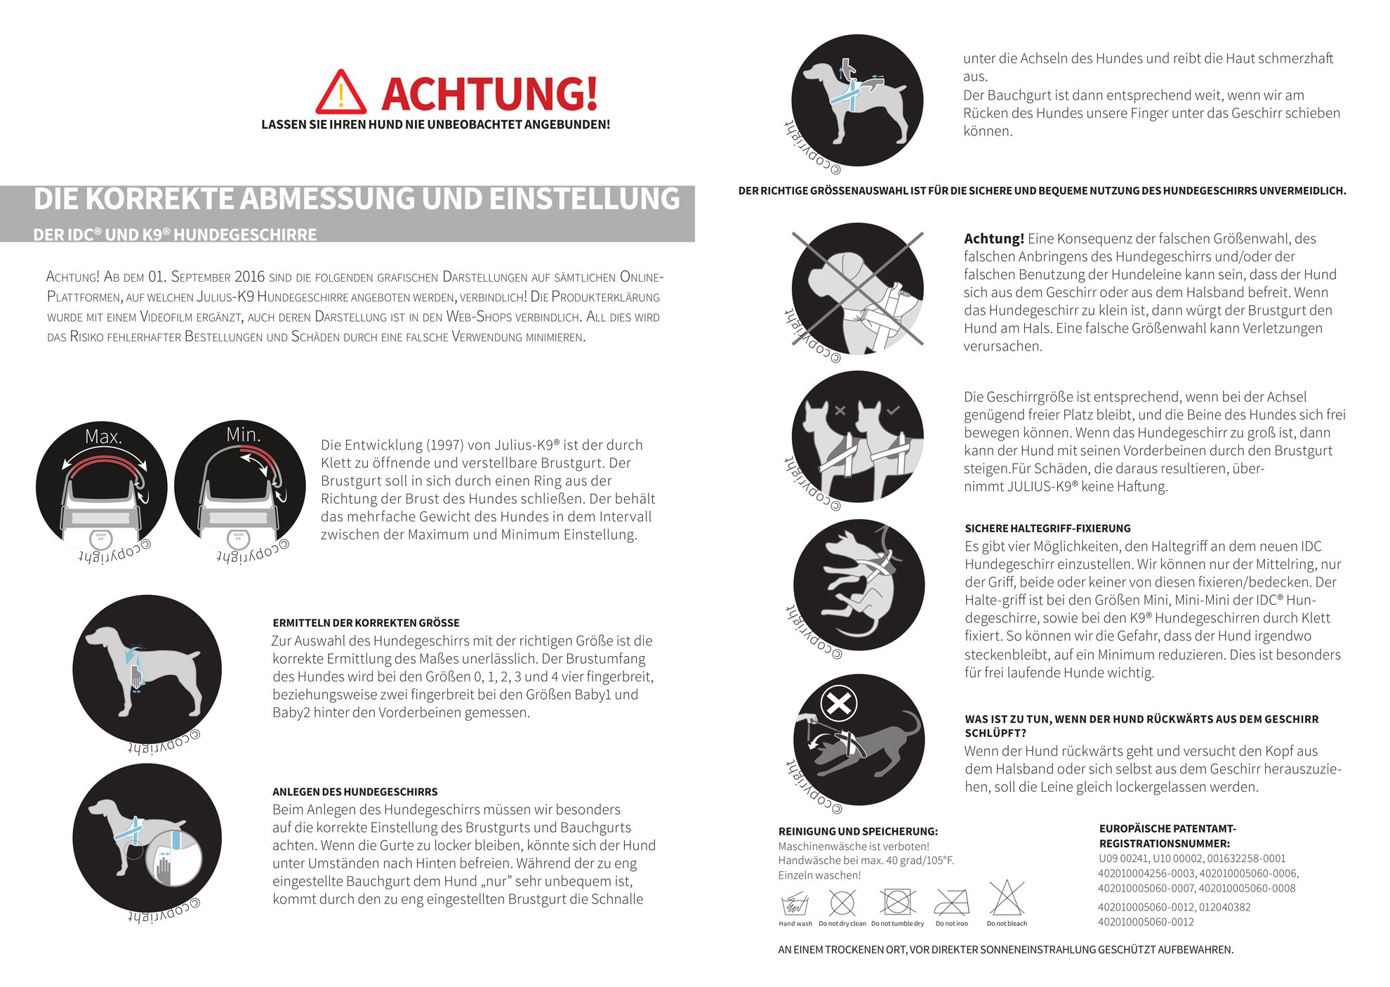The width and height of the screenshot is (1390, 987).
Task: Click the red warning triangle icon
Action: click(340, 93)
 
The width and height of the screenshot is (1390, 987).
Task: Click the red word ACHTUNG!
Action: click(489, 94)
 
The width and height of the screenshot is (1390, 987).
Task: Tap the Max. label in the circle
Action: click(103, 437)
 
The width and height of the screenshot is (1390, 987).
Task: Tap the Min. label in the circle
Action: click(243, 435)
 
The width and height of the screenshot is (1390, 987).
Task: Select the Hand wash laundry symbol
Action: click(794, 903)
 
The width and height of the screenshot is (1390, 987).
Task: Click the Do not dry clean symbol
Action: click(842, 903)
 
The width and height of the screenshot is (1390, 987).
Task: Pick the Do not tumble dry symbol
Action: click(897, 902)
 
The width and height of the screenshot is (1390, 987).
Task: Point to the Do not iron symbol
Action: click(951, 902)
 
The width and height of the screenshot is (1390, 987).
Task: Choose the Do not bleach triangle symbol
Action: click(1007, 899)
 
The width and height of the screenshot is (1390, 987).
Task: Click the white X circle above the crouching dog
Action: click(839, 703)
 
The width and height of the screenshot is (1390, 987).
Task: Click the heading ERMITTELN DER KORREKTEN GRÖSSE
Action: click(366, 623)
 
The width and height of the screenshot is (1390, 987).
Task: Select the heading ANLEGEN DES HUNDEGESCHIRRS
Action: click(355, 792)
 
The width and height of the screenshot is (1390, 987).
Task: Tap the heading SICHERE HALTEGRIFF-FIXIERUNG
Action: click(1047, 528)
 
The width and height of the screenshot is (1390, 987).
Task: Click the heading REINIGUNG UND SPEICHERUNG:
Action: click(858, 831)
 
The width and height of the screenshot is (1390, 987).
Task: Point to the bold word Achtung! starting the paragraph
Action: click(993, 239)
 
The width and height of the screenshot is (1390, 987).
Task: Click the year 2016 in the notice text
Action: click(250, 277)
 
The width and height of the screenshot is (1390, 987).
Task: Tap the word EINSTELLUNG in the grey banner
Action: click(585, 199)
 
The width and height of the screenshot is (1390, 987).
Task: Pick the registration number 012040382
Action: click(1224, 907)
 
